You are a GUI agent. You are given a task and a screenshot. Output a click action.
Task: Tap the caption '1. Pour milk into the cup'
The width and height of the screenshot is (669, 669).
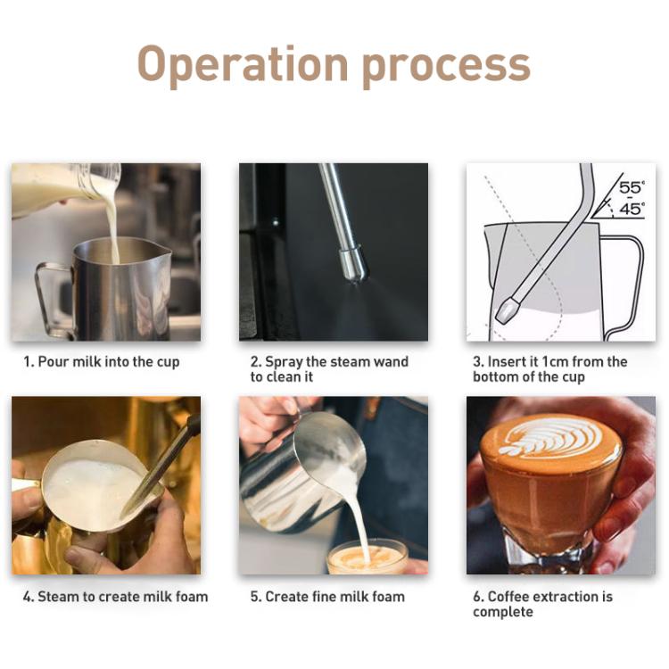pyautogui.click(x=102, y=362)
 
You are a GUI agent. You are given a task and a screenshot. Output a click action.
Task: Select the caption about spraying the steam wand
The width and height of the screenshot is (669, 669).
pyautogui.click(x=329, y=369)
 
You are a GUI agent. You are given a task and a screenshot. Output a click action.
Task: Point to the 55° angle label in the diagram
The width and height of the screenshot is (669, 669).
pyautogui.click(x=631, y=188)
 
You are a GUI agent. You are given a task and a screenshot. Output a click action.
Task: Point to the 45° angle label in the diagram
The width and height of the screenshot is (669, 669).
pyautogui.click(x=631, y=210)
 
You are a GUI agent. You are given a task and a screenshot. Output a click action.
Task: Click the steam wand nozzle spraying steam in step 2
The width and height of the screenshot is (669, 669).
pyautogui.click(x=353, y=264)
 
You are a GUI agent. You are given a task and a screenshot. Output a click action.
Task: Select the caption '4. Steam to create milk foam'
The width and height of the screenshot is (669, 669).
pyautogui.click(x=115, y=597)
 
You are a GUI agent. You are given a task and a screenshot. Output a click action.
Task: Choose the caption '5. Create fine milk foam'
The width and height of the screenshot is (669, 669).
pyautogui.click(x=327, y=597)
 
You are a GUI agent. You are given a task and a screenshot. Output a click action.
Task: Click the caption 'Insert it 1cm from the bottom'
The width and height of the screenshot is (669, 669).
pyautogui.click(x=549, y=369)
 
